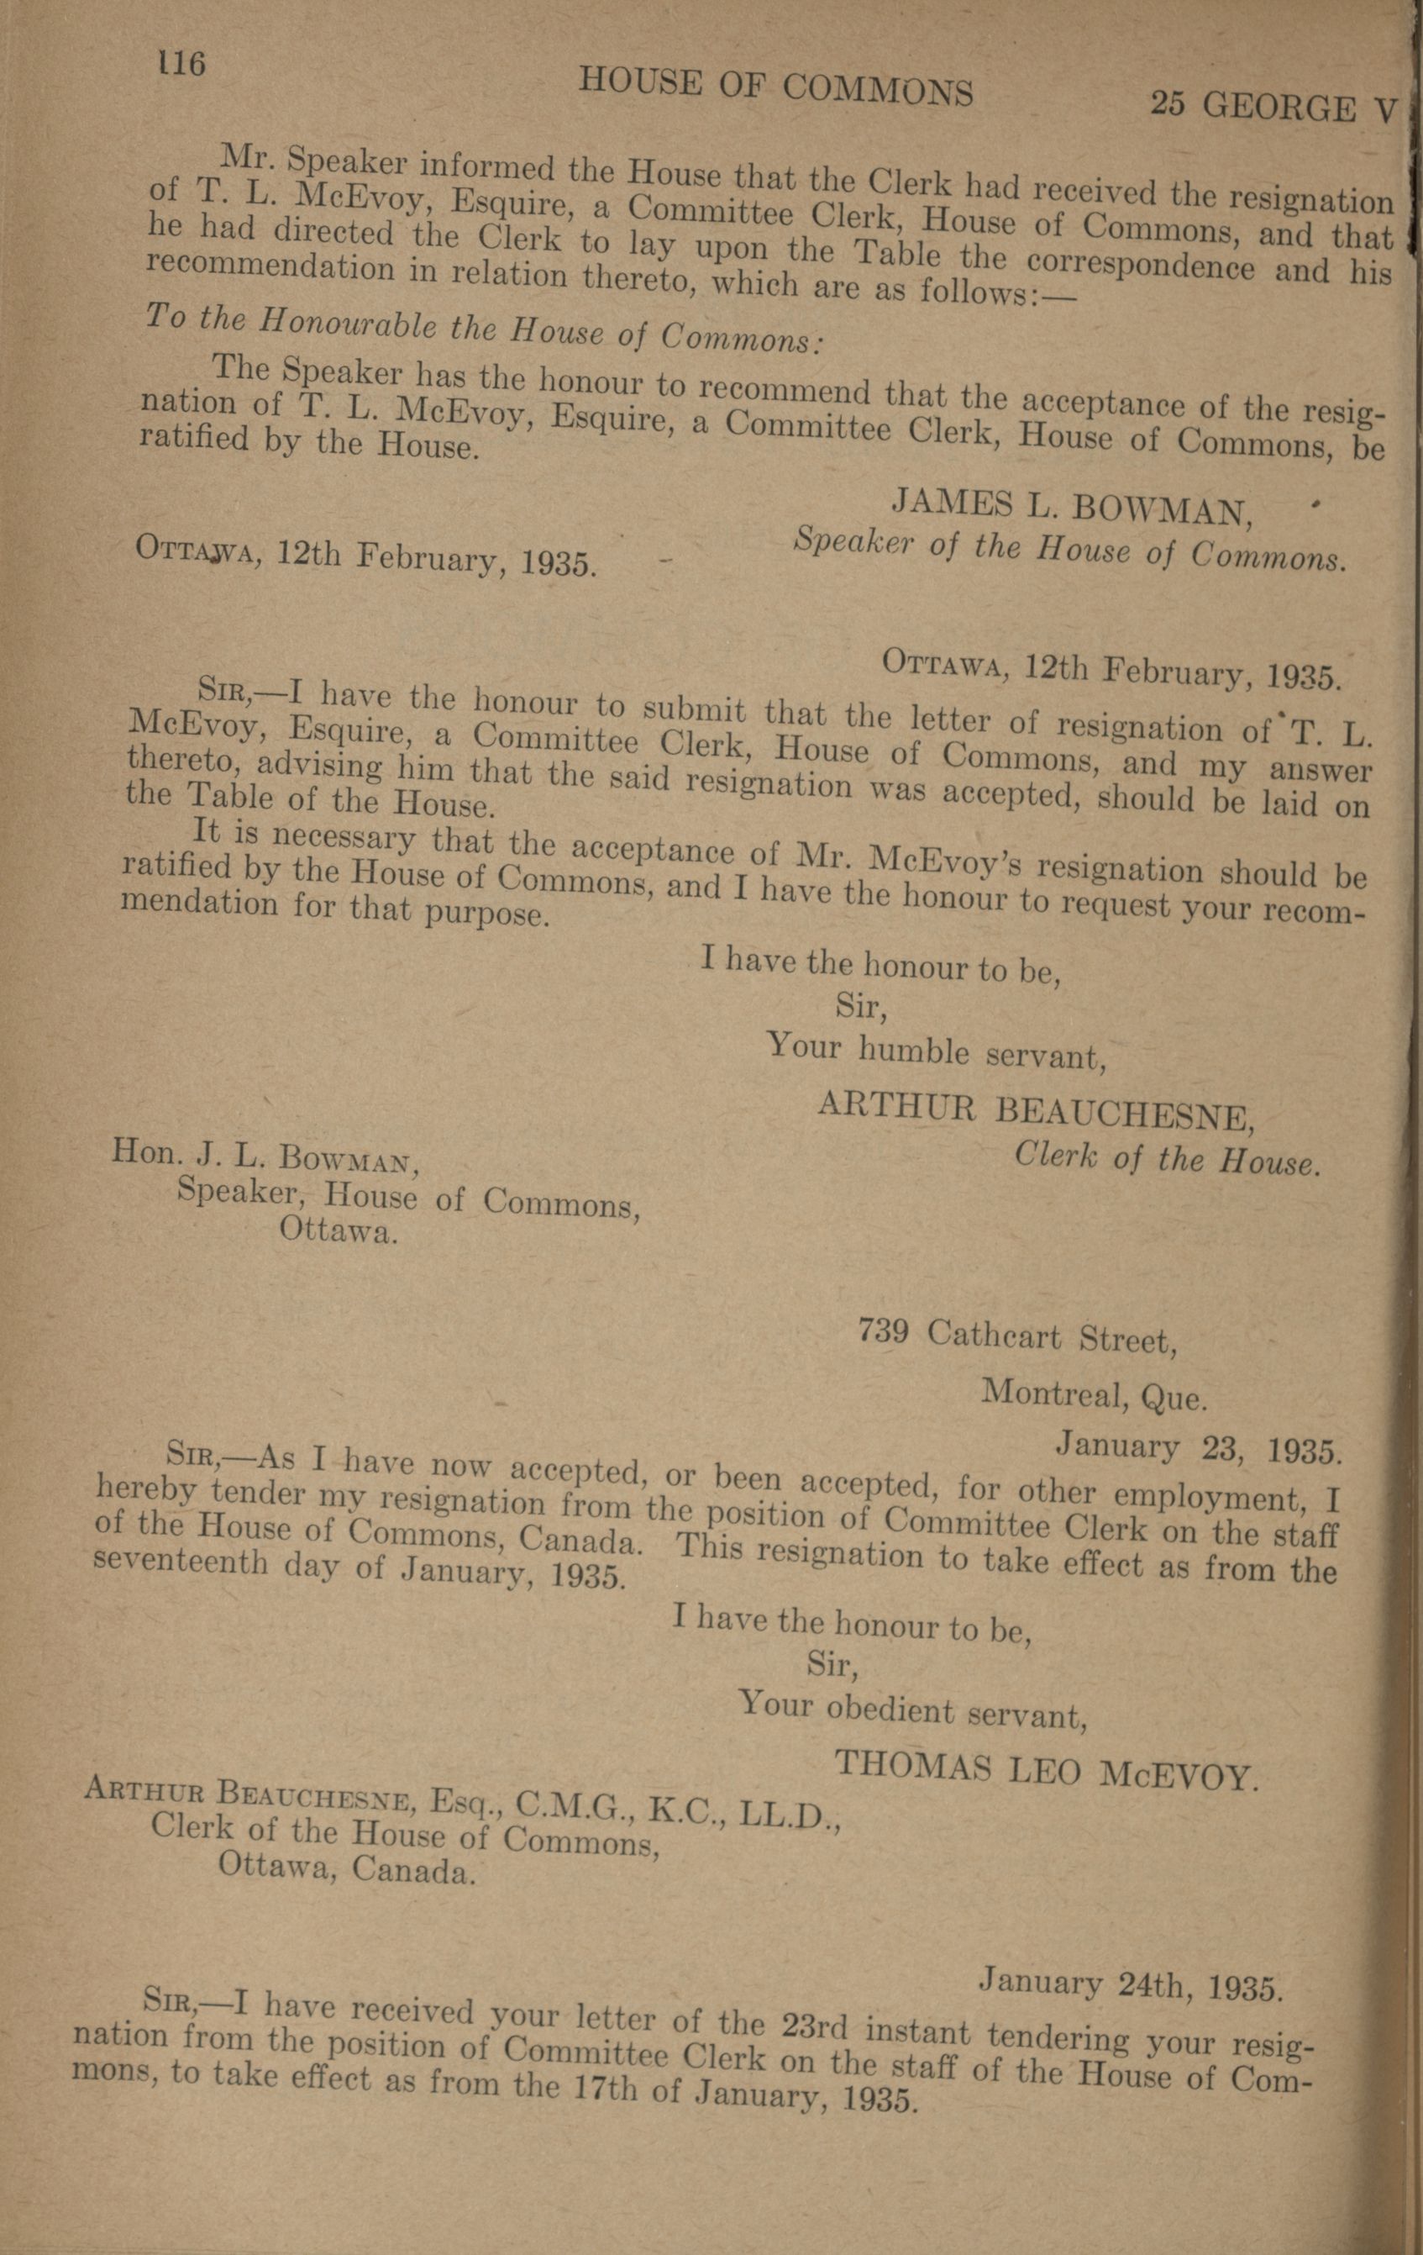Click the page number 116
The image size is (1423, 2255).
click(181, 64)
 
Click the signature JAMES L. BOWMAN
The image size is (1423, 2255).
click(1072, 508)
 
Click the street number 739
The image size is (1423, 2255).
click(883, 1334)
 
